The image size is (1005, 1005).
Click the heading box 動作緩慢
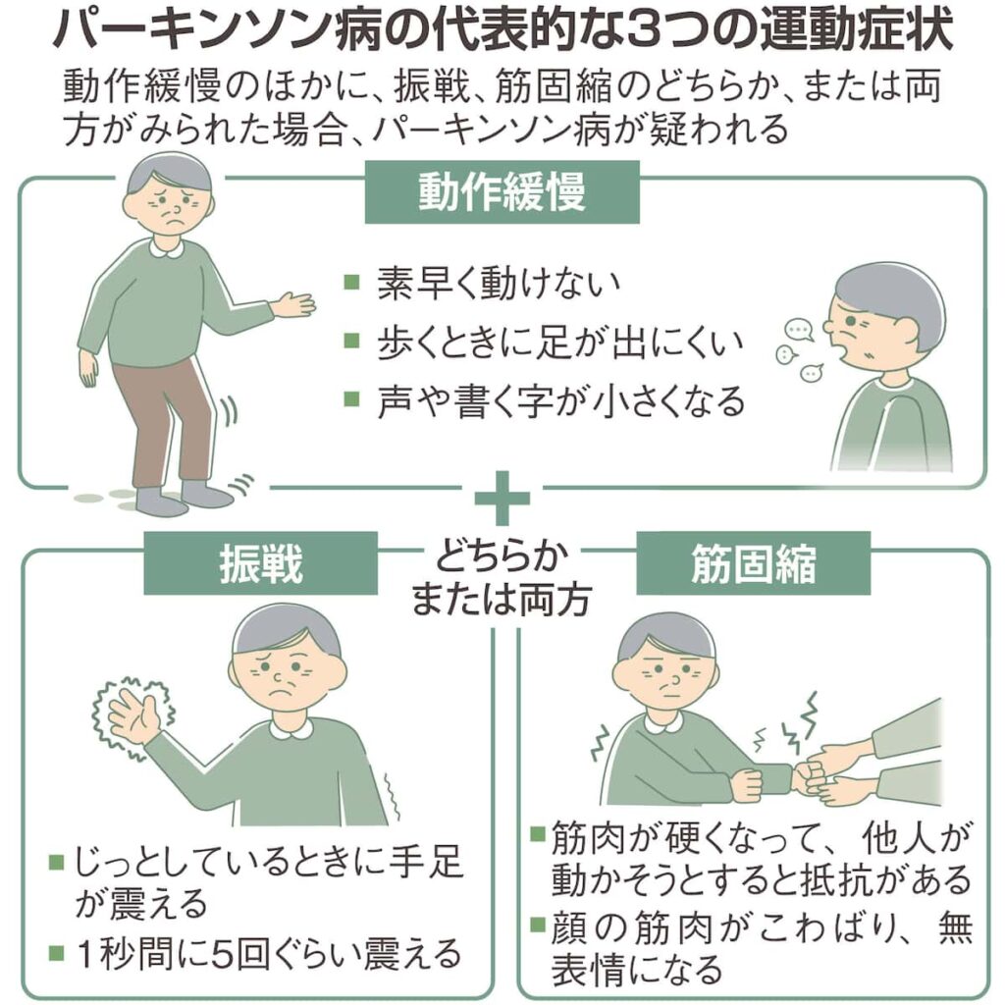[x=502, y=192]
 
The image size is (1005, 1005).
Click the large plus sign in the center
[x=502, y=498]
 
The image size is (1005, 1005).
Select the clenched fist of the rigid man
[x=747, y=783]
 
